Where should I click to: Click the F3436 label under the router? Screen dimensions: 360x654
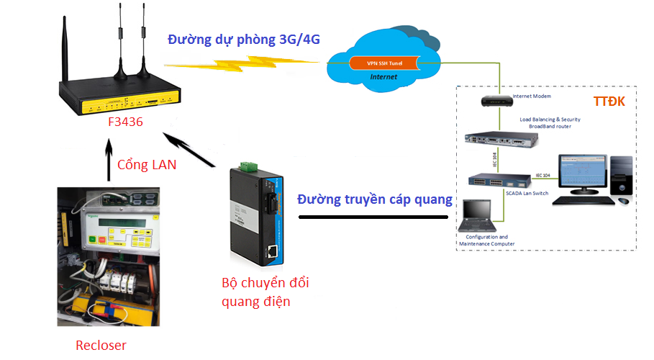pos(125,122)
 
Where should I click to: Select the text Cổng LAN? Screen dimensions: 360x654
pos(146,165)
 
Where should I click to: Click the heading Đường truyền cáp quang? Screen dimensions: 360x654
pos(374,199)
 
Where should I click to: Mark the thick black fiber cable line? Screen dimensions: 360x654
pos(374,216)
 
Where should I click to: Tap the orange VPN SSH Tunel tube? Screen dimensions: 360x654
pos(384,63)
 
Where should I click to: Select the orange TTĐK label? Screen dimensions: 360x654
pos(608,101)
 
